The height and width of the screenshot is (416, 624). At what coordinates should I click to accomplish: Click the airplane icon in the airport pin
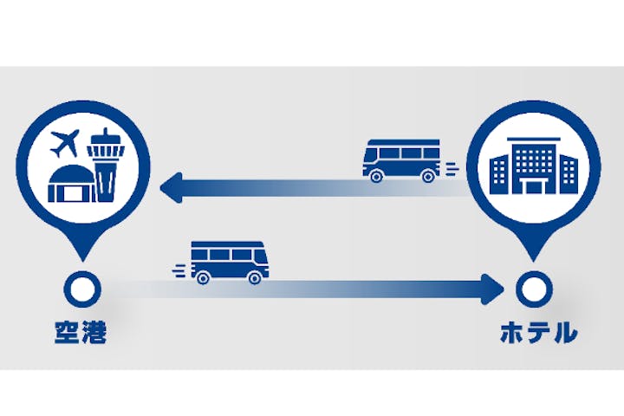(66, 141)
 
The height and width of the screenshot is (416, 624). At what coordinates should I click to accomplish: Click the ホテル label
(538, 332)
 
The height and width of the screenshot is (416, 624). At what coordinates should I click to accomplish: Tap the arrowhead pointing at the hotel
(493, 287)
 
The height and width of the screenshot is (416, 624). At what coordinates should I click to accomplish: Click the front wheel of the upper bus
(376, 176)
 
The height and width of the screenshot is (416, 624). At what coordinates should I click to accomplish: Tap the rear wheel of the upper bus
(427, 176)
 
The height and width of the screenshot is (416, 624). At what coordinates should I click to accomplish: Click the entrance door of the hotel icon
(532, 187)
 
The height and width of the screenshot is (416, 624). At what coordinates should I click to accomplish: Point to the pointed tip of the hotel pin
(531, 257)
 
